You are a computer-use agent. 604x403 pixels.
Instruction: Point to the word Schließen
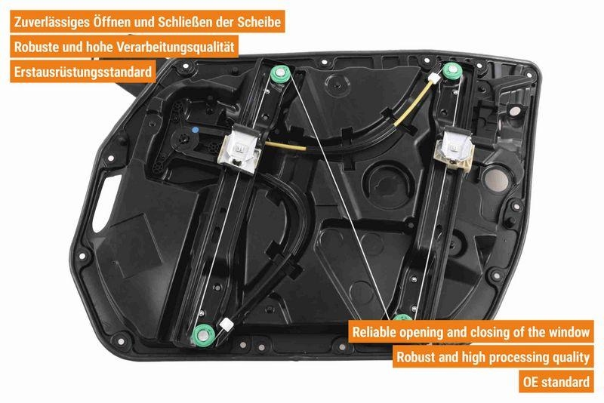pos(186,23)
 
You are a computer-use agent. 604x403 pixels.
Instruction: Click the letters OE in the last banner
pos(532,382)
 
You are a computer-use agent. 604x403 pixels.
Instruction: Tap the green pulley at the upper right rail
pos(451,72)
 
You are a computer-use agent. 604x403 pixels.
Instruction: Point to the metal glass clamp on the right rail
pos(458,143)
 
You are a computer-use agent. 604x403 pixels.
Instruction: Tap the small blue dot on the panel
pos(195,130)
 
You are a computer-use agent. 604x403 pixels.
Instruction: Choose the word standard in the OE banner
pos(567,382)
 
